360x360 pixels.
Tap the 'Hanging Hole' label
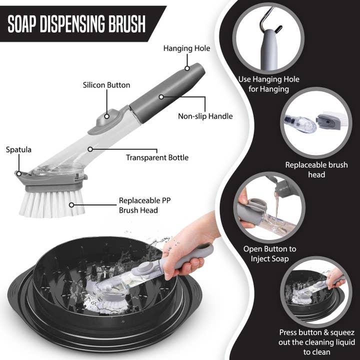click(x=186, y=48)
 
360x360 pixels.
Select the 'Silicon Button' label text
click(x=106, y=85)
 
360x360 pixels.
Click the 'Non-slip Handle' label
click(x=205, y=116)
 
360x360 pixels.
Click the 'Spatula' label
click(x=18, y=149)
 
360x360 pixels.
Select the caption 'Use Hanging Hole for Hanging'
click(x=263, y=84)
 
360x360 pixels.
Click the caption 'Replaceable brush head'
click(x=316, y=169)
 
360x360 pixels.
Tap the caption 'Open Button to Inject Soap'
click(x=269, y=253)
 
